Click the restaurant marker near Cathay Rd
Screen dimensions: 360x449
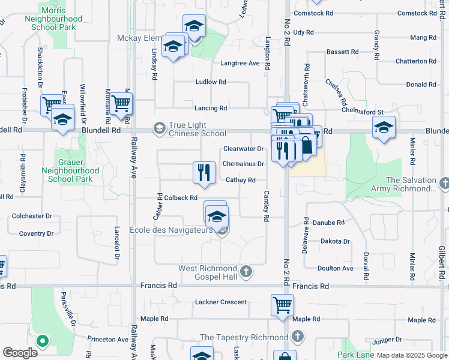coord(204,172)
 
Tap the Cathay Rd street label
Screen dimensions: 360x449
coord(241,180)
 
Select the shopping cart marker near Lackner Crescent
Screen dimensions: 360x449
coord(282,304)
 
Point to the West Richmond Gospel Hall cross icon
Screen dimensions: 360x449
coord(245,272)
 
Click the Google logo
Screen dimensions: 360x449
coord(20,353)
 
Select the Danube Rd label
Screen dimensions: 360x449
coord(332,223)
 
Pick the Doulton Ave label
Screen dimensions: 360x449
coord(335,268)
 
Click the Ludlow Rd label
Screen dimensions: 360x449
coord(210,82)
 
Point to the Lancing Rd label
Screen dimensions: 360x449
coord(210,108)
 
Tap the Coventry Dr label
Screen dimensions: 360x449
coord(36,233)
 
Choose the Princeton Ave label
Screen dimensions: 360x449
coord(107,339)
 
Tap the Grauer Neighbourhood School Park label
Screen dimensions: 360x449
coord(79,170)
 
